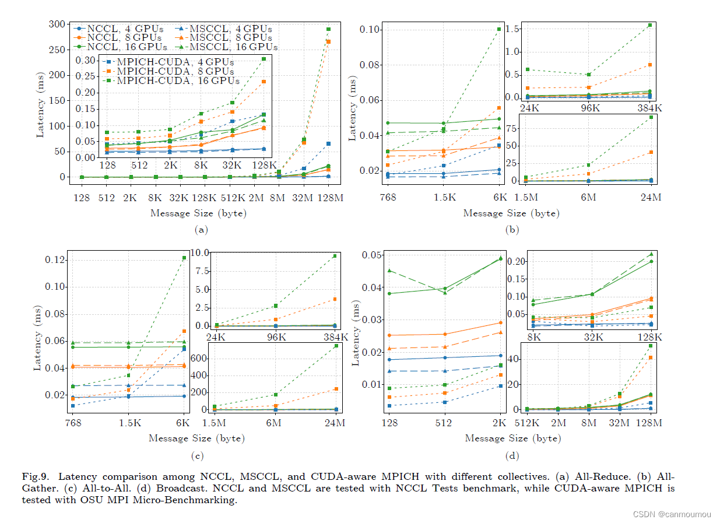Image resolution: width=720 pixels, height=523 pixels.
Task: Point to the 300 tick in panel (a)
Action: [x=57, y=24]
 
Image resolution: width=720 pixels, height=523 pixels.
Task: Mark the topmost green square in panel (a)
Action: [x=328, y=29]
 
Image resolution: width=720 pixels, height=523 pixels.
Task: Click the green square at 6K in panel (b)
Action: [x=498, y=29]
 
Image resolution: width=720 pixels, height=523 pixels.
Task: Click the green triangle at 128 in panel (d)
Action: [x=388, y=271]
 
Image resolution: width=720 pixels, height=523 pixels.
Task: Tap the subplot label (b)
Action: [x=511, y=230]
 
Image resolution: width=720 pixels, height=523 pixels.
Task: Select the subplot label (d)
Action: [x=511, y=456]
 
